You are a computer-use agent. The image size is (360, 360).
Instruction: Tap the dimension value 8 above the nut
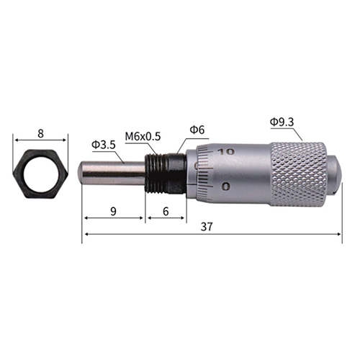click(40, 133)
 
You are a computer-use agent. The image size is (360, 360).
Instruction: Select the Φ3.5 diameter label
click(104, 145)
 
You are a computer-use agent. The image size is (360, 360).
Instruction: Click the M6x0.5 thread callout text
click(143, 136)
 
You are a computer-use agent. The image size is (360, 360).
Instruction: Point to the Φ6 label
click(197, 130)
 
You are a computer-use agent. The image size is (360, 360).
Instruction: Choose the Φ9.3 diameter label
click(282, 122)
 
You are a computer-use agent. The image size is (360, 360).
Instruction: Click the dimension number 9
click(113, 212)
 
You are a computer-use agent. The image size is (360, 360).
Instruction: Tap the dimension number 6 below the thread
click(166, 212)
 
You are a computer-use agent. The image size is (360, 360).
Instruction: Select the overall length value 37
click(207, 227)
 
